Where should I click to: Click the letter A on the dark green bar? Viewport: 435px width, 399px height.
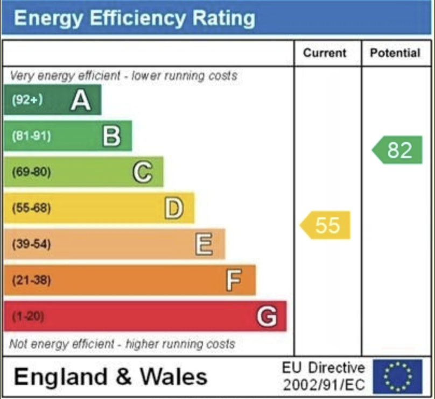click(x=80, y=100)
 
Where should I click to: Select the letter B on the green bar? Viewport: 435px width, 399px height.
click(x=111, y=136)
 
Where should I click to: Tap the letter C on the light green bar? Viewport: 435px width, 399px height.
click(x=142, y=172)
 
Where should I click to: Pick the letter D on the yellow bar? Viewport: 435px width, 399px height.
click(x=173, y=208)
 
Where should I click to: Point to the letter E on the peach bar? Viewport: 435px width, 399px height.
click(x=204, y=245)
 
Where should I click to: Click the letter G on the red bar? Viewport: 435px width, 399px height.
click(x=266, y=316)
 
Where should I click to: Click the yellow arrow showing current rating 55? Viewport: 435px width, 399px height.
click(x=326, y=225)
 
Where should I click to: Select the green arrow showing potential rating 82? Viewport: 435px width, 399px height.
click(x=398, y=150)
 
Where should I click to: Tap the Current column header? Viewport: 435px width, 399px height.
click(x=325, y=53)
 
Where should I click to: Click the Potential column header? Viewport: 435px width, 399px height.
click(x=395, y=53)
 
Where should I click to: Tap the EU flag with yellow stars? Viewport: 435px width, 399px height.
click(x=397, y=376)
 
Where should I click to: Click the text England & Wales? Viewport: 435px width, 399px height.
click(x=110, y=376)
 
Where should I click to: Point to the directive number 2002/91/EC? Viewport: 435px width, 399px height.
click(x=324, y=385)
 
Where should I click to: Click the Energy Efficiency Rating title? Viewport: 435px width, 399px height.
click(x=135, y=18)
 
